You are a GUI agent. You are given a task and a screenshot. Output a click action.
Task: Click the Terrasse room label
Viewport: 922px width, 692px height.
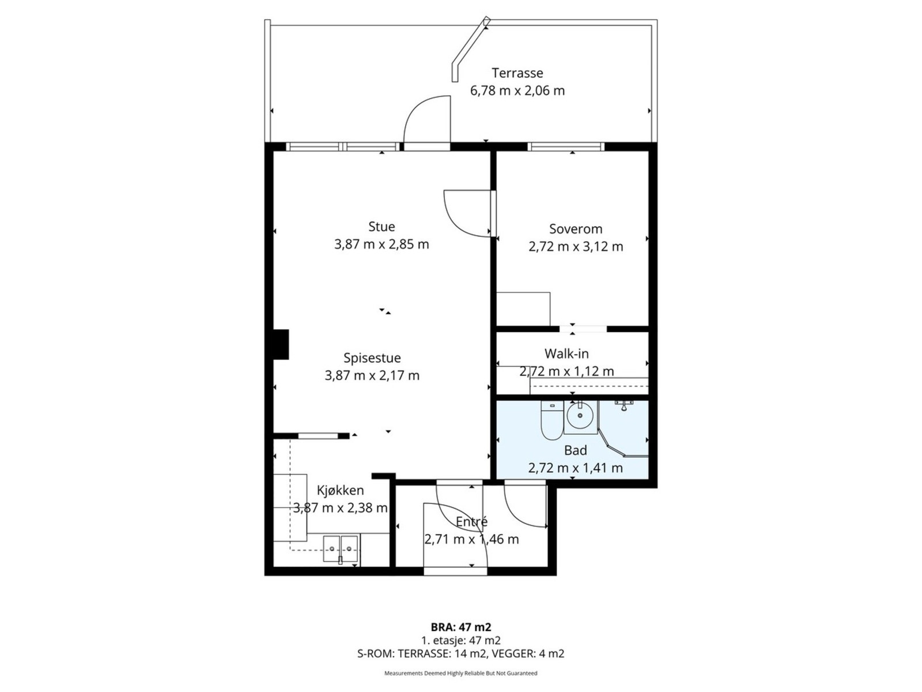coord(517,73)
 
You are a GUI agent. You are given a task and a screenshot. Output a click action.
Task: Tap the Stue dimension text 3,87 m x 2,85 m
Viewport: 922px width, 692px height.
coord(381,244)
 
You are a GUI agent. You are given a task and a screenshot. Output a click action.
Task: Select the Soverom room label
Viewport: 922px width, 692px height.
coord(576,229)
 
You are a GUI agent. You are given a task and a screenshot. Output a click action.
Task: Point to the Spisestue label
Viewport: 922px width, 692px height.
coord(372,358)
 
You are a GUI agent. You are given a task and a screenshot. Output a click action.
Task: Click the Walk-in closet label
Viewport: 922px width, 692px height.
coord(566,353)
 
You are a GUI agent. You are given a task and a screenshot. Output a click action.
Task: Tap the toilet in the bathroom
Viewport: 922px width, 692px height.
coord(551,420)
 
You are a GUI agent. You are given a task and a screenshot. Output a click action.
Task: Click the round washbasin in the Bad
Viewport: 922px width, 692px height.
coord(580,415)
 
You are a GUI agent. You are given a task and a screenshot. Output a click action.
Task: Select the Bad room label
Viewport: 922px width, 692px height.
coord(575,450)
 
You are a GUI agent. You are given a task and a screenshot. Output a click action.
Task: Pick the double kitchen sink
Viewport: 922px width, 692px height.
coord(341,548)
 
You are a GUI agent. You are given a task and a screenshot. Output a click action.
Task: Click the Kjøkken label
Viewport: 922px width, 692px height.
coord(340,490)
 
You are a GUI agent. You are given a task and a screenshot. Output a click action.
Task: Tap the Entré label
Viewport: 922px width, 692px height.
coord(471,522)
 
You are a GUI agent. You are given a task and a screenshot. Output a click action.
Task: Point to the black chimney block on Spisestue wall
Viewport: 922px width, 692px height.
coord(281,344)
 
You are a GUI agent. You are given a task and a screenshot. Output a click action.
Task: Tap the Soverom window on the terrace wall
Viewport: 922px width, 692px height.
coord(566,146)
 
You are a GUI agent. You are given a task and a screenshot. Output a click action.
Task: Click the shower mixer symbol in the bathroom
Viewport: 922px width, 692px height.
coord(624,405)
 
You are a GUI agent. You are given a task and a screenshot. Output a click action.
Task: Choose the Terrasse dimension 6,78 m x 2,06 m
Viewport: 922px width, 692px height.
coord(517,91)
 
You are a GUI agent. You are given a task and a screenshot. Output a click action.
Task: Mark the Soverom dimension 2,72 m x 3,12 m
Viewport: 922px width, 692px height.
coord(576,247)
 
